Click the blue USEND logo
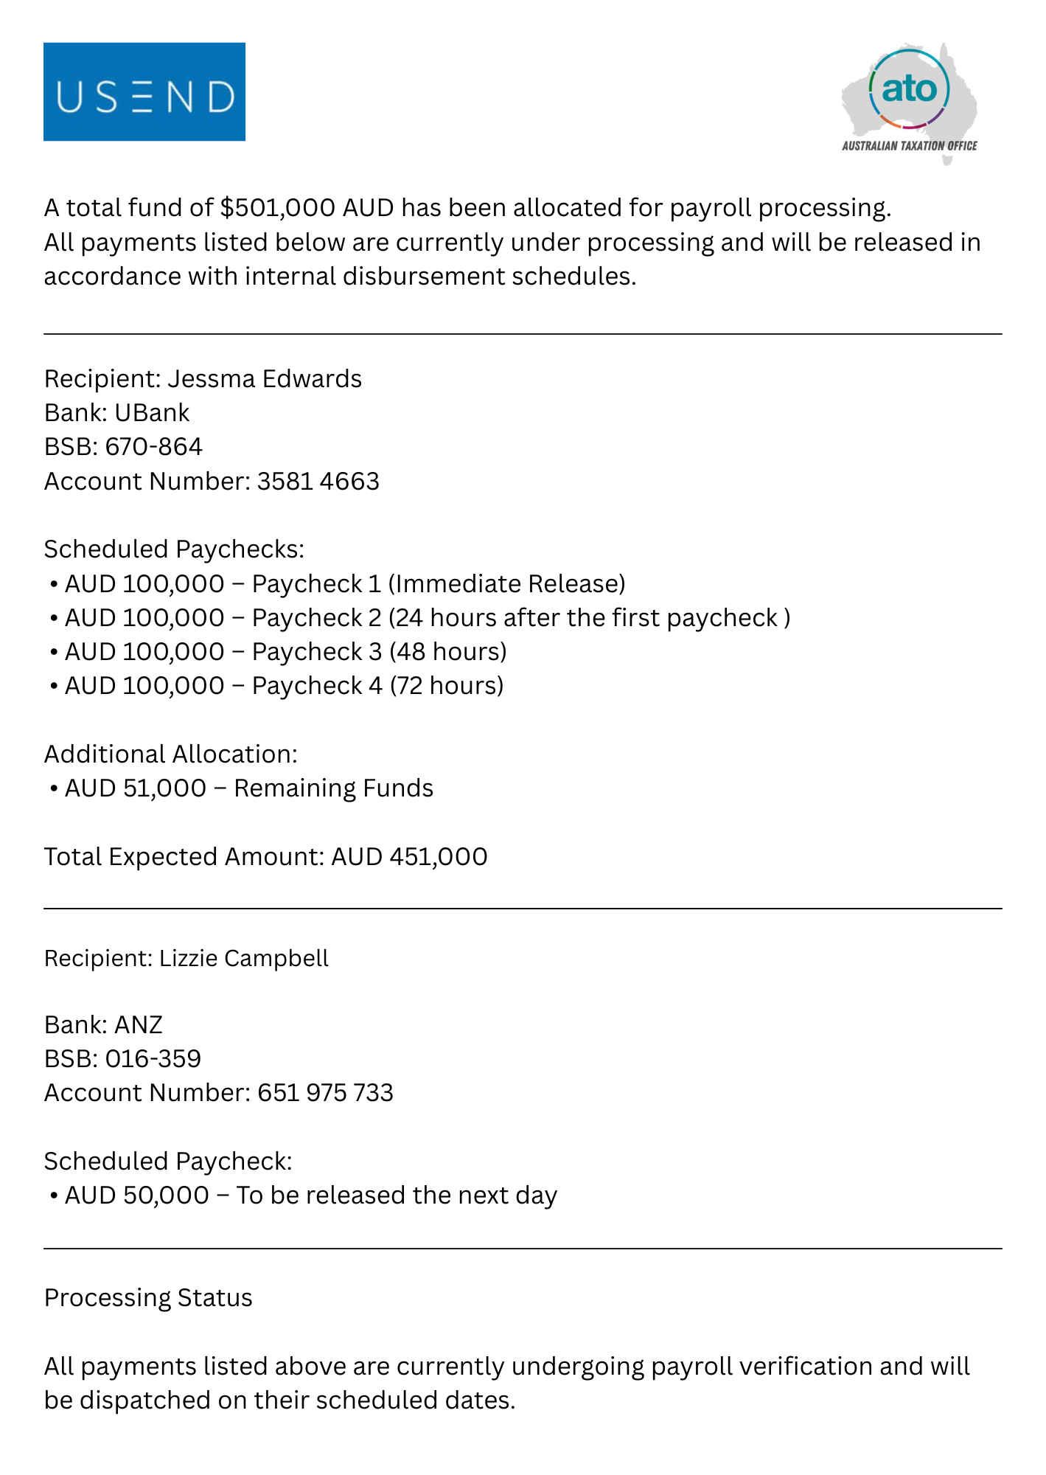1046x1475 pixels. [144, 92]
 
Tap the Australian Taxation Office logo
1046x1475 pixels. [910, 102]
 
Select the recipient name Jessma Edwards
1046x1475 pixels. [265, 378]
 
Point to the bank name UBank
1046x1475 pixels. [152, 412]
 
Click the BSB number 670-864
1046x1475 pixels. [154, 447]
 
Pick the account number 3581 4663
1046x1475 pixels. [318, 481]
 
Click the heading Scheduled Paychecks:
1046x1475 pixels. [174, 549]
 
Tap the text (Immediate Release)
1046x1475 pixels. [506, 583]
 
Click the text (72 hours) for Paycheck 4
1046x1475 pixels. [447, 686]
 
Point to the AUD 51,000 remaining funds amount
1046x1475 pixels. [136, 788]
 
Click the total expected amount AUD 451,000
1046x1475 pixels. [409, 857]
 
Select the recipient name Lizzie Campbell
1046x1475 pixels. [244, 958]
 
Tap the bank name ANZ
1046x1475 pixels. [139, 1024]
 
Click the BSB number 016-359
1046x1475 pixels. [153, 1059]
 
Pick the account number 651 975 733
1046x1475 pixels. [325, 1093]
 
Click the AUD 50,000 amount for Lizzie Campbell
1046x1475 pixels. [137, 1195]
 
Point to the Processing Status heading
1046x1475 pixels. [148, 1298]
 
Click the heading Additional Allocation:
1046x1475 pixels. [171, 754]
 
